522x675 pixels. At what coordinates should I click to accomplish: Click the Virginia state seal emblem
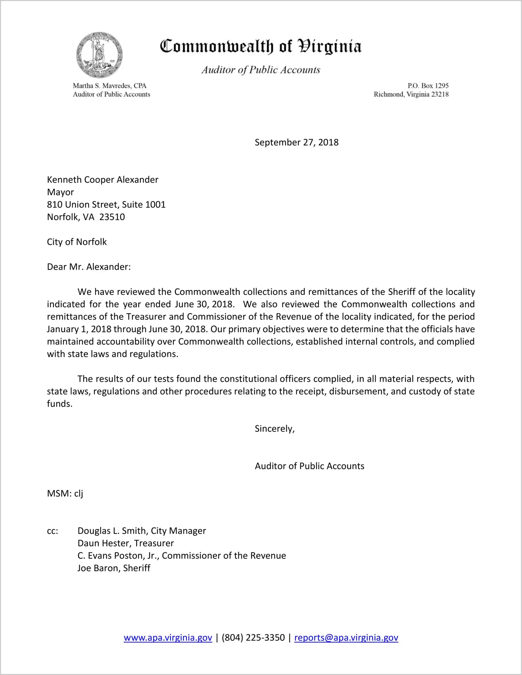(99, 55)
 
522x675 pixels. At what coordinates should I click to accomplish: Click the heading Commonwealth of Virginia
(261, 46)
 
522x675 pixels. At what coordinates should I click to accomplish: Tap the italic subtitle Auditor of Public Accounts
(261, 70)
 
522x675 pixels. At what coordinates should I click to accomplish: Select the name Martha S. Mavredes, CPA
(109, 86)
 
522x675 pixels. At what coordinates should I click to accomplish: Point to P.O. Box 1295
(428, 86)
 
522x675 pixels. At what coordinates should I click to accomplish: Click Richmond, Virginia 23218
(411, 94)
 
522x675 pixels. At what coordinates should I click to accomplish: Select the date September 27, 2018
(296, 142)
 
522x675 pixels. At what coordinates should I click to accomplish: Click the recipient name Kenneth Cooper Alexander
(102, 180)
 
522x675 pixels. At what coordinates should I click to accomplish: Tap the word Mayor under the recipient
(60, 192)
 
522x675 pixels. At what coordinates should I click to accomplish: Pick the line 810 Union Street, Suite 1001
(106, 204)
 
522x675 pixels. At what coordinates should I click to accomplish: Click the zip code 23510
(112, 217)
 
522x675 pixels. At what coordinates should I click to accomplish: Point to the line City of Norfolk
(77, 242)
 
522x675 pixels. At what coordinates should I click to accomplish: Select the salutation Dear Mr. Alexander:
(89, 267)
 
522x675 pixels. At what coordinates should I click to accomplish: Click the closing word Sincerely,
(275, 429)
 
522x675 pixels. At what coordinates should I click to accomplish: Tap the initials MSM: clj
(65, 493)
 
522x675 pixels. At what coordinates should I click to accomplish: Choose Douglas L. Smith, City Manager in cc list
(142, 531)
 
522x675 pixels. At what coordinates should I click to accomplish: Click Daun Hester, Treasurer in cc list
(125, 543)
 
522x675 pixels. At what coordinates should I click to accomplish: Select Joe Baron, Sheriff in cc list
(114, 568)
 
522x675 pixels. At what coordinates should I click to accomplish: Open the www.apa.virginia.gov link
(168, 638)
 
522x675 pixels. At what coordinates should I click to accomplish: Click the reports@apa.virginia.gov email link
(346, 638)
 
